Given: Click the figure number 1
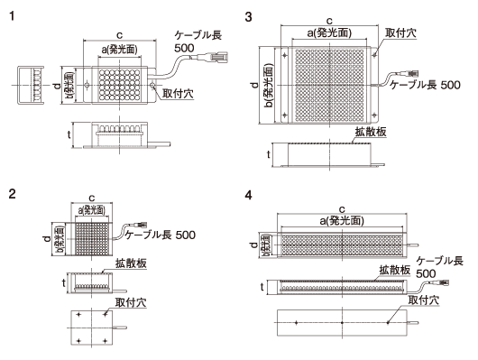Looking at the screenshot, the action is (x=11, y=15).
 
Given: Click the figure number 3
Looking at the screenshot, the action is (x=249, y=15).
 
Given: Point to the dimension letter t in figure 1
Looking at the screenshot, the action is (x=70, y=135).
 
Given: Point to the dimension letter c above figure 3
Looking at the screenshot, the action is (x=328, y=19).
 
